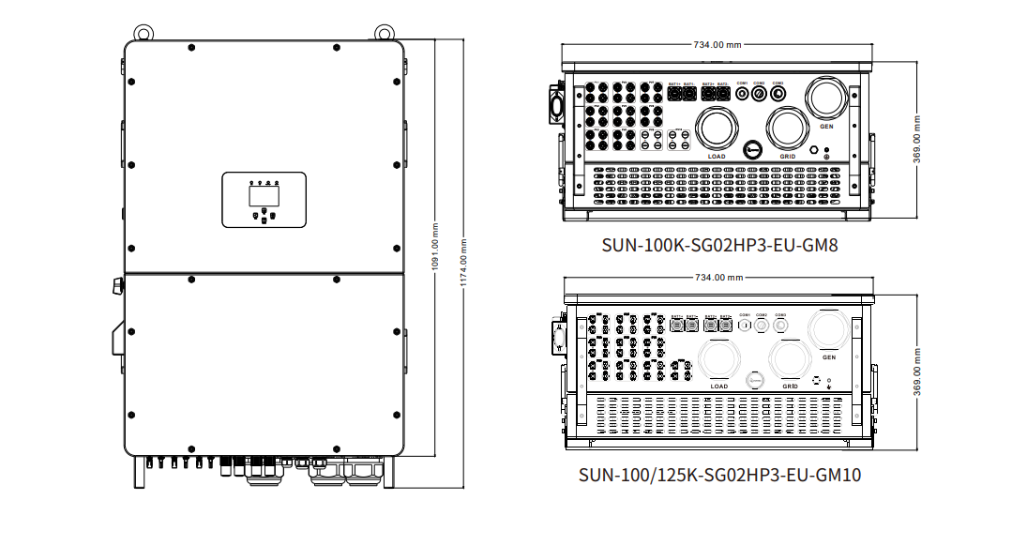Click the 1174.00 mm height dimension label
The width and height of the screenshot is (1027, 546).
click(x=465, y=264)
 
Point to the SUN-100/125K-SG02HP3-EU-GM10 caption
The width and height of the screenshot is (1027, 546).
click(x=719, y=475)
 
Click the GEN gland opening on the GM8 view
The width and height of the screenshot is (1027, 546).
click(x=826, y=99)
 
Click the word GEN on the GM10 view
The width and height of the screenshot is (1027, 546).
click(x=828, y=357)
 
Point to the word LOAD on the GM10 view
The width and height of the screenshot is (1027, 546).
click(x=719, y=386)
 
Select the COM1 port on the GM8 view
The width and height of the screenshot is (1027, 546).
click(x=742, y=94)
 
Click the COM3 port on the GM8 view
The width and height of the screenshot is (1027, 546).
click(x=778, y=94)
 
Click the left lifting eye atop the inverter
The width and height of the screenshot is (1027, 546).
click(x=142, y=32)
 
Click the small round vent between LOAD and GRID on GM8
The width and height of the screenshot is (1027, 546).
click(x=753, y=149)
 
